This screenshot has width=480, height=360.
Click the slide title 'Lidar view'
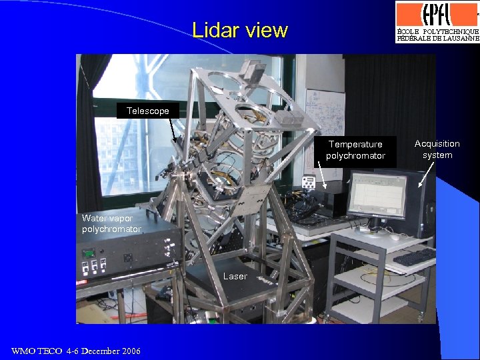tap(239, 30)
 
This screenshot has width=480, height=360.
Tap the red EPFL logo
tap(437, 13)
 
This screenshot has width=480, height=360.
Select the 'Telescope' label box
tap(147, 111)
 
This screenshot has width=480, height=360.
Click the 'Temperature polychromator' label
tap(355, 150)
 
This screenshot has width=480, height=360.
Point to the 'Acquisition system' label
tap(437, 149)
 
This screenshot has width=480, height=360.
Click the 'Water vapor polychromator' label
tap(111, 223)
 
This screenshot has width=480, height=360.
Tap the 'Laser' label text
tap(235, 276)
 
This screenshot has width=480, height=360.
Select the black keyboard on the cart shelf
tap(413, 257)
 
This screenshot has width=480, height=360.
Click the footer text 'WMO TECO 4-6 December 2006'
tap(76, 351)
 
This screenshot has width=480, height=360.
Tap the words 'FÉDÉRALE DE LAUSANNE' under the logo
tap(437, 39)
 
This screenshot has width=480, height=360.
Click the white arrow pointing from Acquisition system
tap(421, 176)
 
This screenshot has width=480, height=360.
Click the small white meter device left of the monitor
tap(308, 182)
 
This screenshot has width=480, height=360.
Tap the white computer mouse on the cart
tap(395, 237)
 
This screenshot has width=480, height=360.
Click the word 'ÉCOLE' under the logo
tap(408, 31)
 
